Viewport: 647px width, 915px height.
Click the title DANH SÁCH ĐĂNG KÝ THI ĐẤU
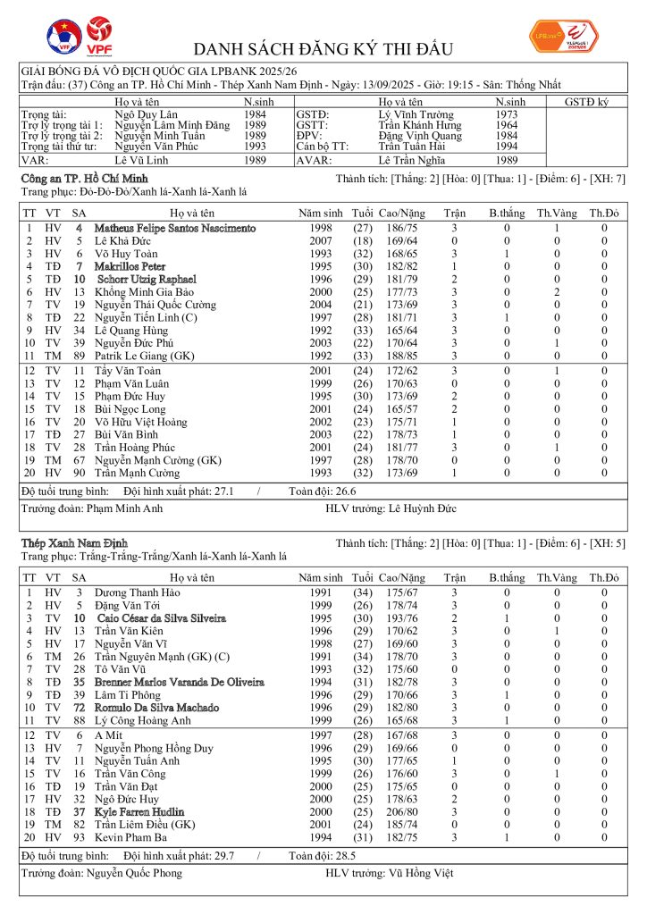[x=323, y=49]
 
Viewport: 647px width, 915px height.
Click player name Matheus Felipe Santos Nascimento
[x=175, y=229]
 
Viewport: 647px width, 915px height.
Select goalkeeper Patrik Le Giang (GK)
[x=145, y=354]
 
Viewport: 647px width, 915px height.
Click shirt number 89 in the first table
[x=79, y=354]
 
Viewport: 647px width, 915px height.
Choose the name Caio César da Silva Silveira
[x=161, y=617]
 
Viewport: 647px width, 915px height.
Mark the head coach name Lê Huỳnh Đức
[x=422, y=508]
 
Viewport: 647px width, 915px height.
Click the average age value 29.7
[x=219, y=855]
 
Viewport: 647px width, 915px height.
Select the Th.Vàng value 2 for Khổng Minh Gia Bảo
[x=555, y=291]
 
